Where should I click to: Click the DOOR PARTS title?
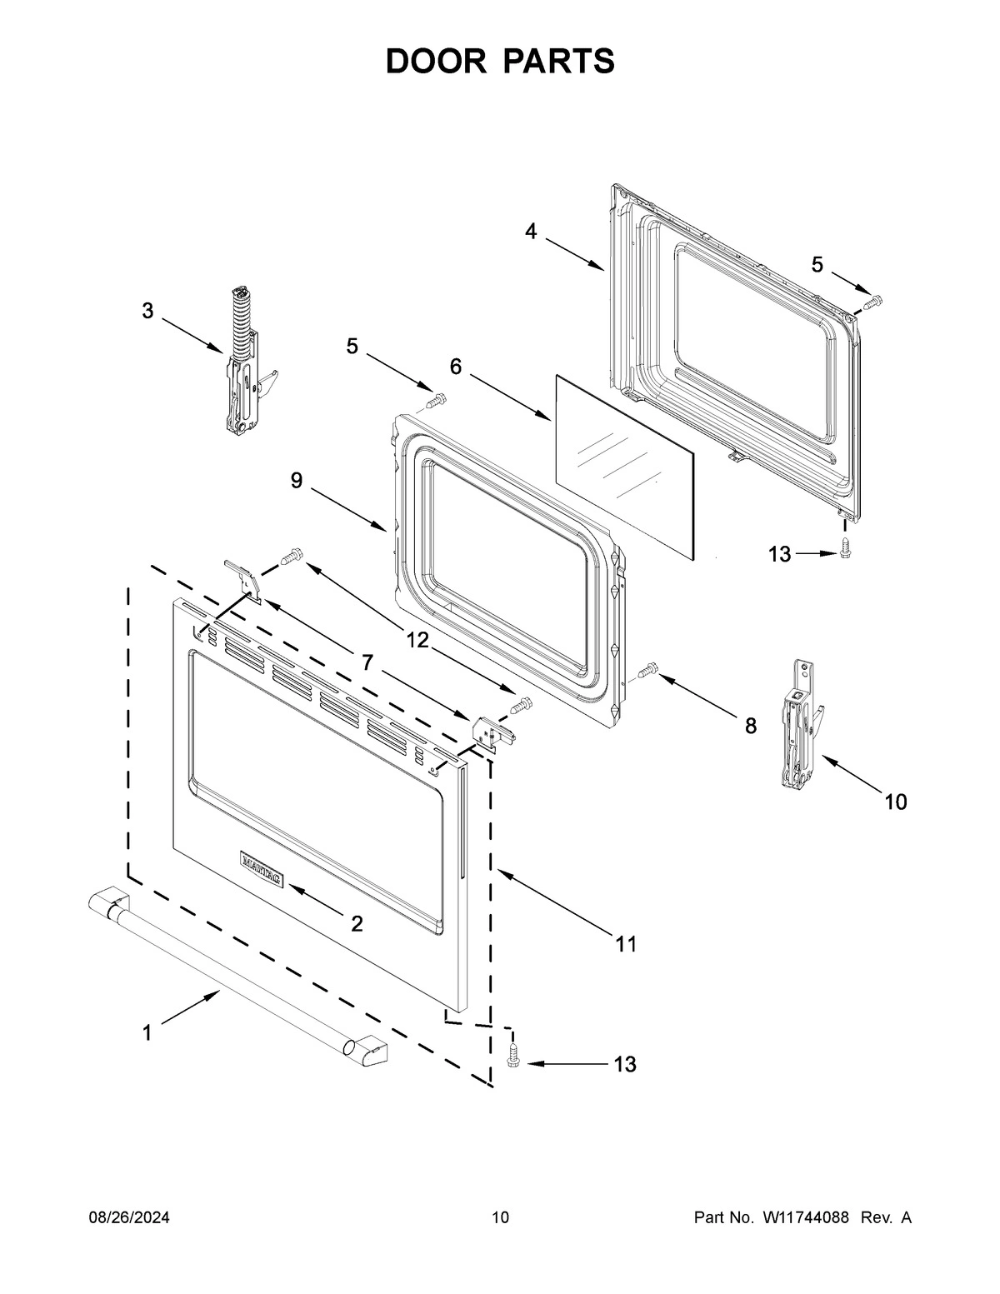coord(500,61)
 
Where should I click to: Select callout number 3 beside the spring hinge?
coord(147,312)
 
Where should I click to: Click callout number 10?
coord(895,802)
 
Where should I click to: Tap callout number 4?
coord(531,232)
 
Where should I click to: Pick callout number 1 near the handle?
coord(147,1033)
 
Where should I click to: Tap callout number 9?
coord(297,481)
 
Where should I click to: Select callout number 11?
coord(626,943)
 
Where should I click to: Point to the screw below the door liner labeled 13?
coord(845,548)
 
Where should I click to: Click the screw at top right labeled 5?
coord(872,302)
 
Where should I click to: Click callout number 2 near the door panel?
coord(357,923)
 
